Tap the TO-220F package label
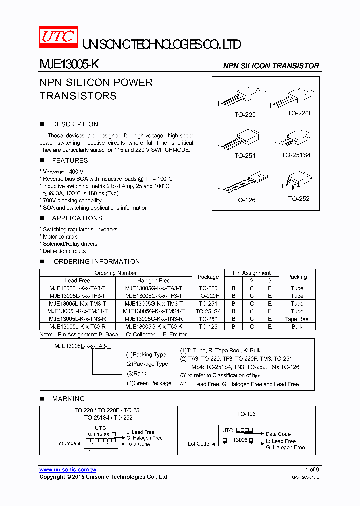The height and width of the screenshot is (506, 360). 300,113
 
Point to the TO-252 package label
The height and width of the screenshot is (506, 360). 299,198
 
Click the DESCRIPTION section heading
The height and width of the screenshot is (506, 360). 75,124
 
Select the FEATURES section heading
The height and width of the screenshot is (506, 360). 70,161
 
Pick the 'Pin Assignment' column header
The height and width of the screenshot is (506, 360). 252,273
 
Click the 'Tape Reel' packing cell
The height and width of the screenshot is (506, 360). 297,319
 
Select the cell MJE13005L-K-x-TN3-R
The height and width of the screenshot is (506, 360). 77,319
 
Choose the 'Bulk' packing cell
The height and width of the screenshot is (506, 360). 297,326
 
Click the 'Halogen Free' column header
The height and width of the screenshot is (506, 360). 154,280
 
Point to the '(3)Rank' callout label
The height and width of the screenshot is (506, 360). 136,373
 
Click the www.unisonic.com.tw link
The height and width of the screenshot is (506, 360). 68,470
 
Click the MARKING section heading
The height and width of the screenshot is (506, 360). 68,399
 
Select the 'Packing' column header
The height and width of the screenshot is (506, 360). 297,277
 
